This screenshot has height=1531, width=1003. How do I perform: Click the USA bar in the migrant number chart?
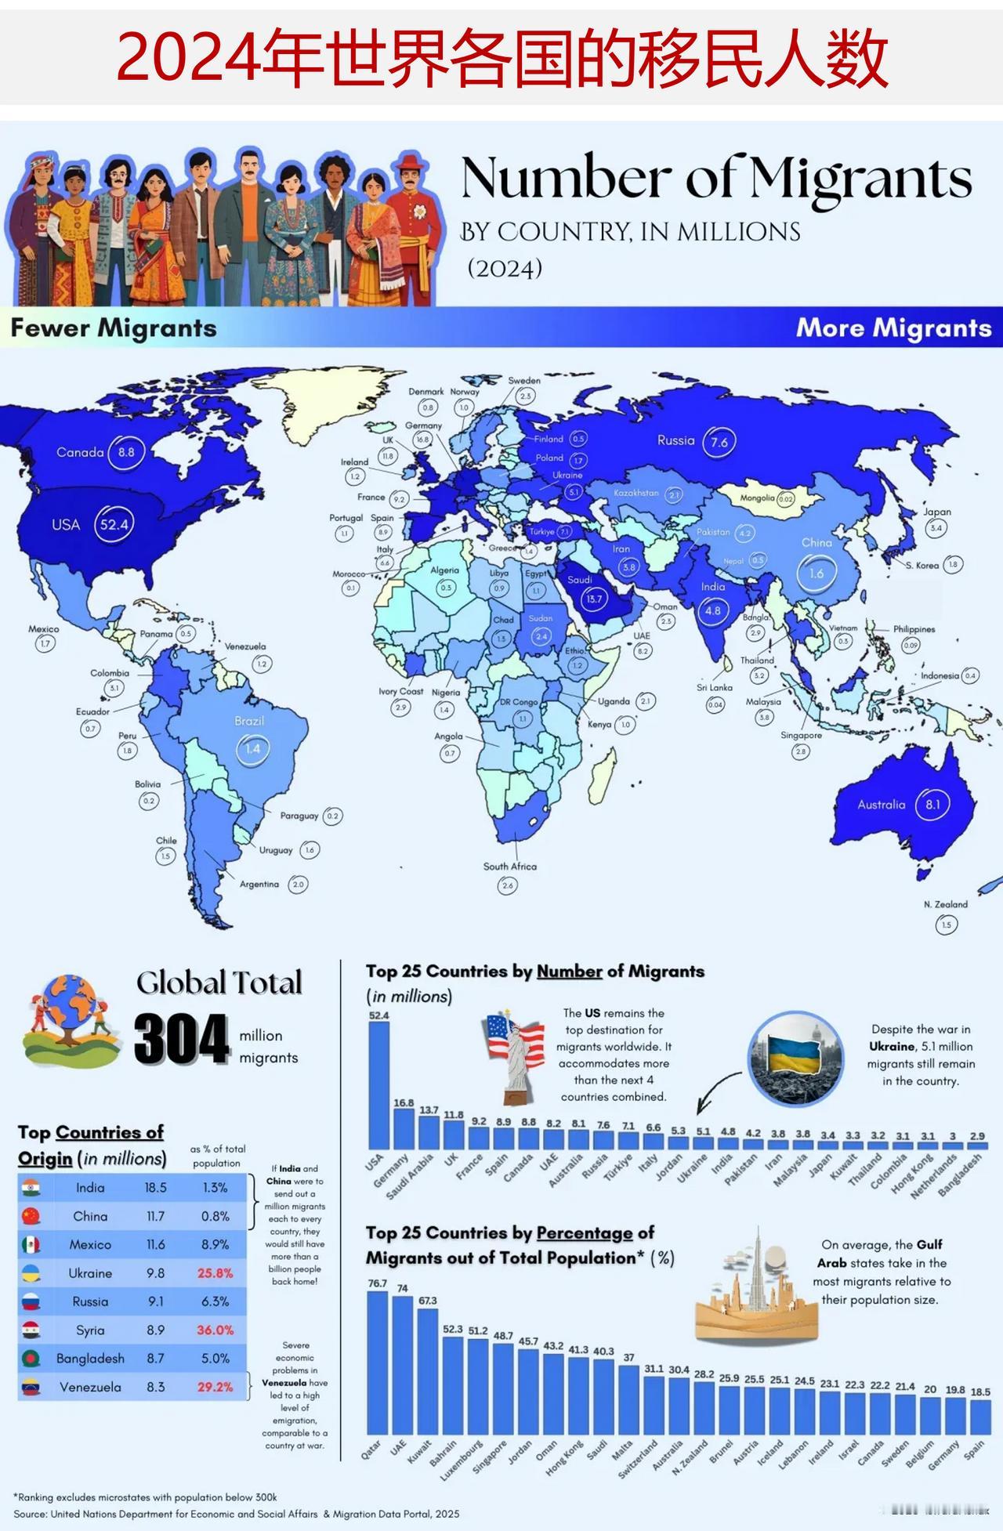378,1085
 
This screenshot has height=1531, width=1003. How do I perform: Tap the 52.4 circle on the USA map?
114,524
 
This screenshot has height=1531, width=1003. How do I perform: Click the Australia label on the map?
881,805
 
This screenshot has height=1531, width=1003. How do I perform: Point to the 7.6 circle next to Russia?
719,442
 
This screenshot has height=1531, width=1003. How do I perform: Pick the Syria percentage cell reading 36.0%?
215,1330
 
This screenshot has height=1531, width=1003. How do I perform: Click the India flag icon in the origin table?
31,1187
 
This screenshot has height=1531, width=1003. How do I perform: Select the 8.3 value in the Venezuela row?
155,1386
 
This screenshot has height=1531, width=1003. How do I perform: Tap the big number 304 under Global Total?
181,1040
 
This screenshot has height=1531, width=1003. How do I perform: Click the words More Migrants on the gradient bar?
893,328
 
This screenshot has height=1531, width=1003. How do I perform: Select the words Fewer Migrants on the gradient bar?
114,328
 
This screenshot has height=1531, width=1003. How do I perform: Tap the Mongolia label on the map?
757,498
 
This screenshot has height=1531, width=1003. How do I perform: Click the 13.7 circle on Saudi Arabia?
595,599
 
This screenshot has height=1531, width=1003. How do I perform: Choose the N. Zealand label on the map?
945,904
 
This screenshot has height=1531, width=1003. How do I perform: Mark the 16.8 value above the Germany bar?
404,1102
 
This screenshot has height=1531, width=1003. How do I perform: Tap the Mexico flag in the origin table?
31,1244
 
